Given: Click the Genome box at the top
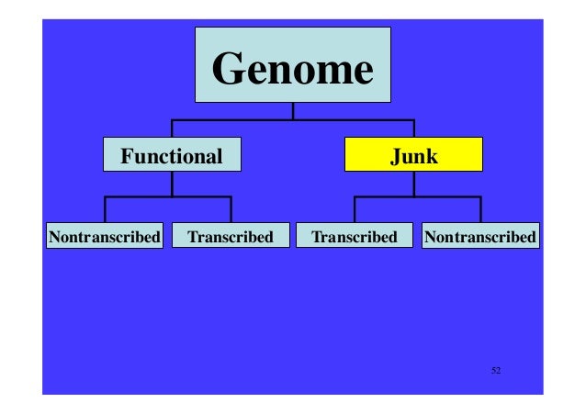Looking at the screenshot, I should [292, 65].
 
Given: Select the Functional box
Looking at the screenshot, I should [173, 155].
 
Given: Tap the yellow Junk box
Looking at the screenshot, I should [413, 155].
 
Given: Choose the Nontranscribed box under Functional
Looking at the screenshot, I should [104, 237].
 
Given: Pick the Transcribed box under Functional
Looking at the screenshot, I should [230, 237].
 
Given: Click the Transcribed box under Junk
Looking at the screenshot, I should [355, 237].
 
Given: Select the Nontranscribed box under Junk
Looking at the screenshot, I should [479, 237].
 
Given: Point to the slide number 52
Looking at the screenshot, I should [496, 370].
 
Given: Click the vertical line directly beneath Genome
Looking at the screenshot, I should [293, 111].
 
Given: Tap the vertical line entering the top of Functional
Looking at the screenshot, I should [173, 129].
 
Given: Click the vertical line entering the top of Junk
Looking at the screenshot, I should [413, 129].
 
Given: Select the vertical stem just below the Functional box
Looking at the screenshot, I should [173, 183].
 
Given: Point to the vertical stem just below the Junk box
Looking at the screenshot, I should [413, 183].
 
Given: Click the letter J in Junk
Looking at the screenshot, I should [395, 156].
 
